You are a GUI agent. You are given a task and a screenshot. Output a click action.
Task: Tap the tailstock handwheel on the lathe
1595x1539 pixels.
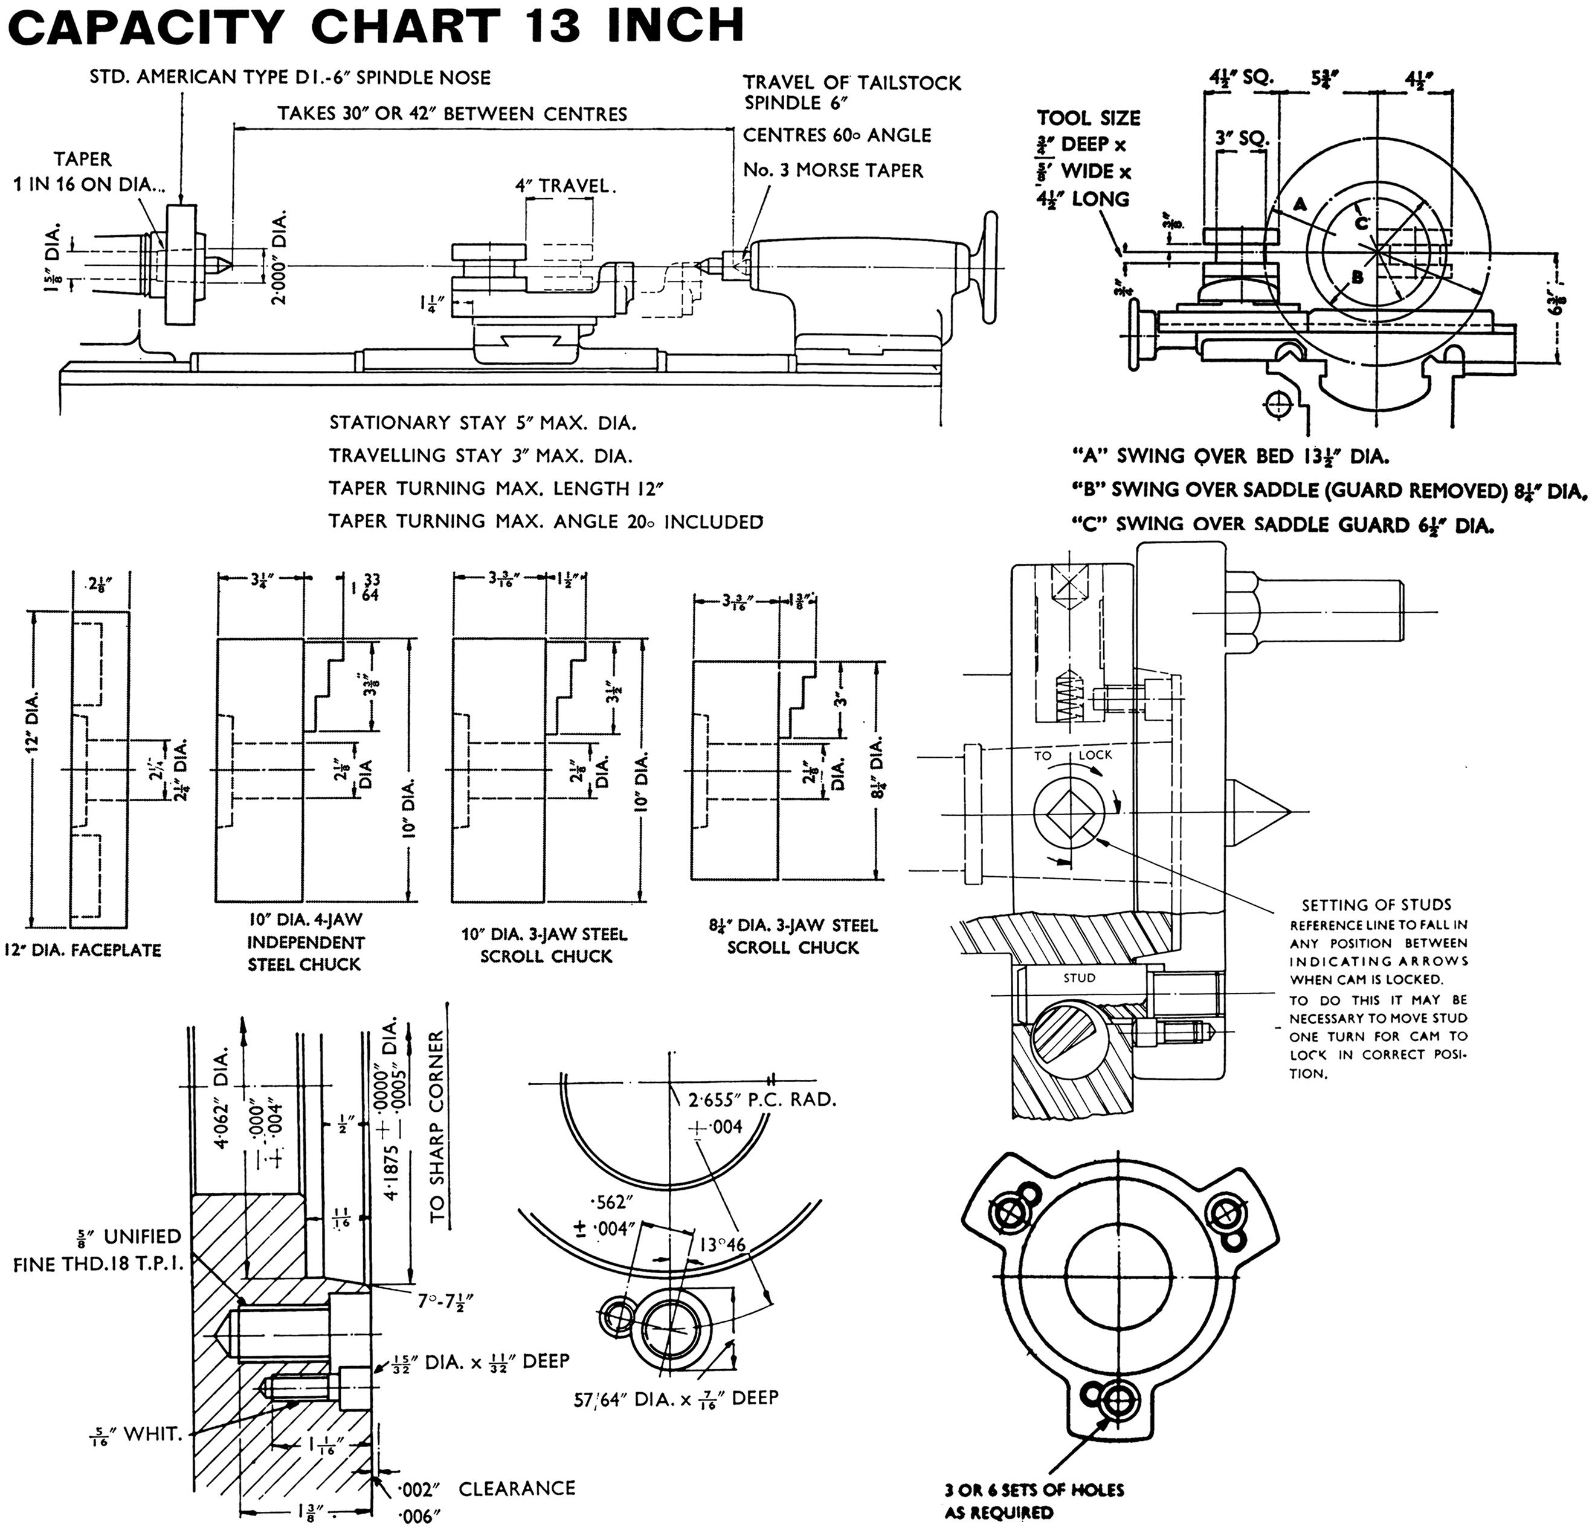click(x=990, y=268)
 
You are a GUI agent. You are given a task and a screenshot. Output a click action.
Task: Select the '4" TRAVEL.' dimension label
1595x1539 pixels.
click(x=565, y=186)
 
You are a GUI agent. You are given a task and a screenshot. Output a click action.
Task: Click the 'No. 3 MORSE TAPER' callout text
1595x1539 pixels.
click(x=833, y=171)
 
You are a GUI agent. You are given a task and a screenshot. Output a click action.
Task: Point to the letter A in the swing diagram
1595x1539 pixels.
click(x=1300, y=204)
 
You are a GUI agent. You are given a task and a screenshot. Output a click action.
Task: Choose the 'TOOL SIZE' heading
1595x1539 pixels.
click(x=1089, y=118)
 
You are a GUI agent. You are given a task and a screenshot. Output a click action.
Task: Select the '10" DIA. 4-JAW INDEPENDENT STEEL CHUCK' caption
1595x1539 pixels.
click(x=304, y=941)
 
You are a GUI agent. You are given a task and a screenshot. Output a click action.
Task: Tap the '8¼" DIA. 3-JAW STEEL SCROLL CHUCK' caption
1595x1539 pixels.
click(x=793, y=936)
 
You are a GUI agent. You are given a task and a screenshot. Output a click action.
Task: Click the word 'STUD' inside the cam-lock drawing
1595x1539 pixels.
click(x=1079, y=978)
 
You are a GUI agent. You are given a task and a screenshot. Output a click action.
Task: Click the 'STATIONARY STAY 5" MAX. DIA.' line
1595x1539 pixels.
click(x=483, y=423)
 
